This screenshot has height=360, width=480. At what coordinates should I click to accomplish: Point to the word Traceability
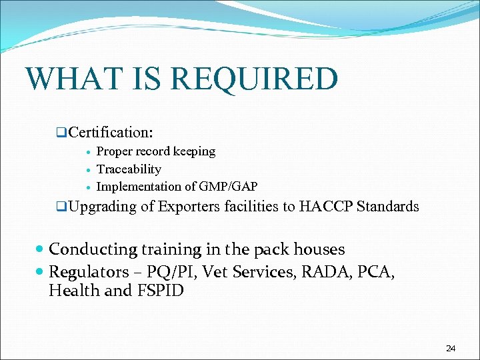coord(129,169)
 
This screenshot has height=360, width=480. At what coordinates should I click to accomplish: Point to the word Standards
coord(388,207)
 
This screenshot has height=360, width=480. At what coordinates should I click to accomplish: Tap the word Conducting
coord(93,250)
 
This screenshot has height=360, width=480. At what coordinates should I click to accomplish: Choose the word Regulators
coord(88,271)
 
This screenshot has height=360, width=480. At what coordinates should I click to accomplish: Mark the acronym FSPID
coord(164,291)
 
